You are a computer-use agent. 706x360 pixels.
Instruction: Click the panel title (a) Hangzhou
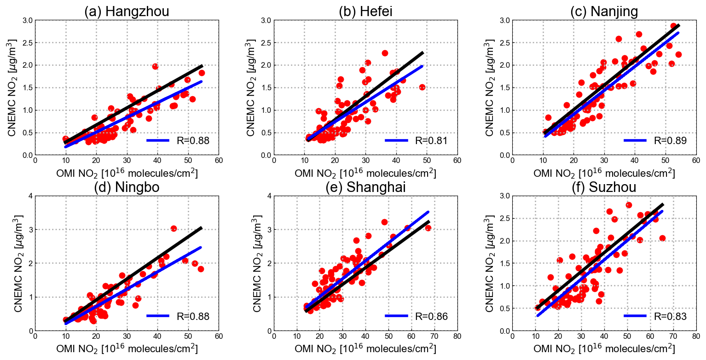[x=127, y=12]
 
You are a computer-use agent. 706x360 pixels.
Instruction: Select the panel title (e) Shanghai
[x=365, y=187]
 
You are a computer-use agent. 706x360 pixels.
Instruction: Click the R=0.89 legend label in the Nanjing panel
[x=670, y=140]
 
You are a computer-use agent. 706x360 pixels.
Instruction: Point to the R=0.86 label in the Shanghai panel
[x=431, y=316]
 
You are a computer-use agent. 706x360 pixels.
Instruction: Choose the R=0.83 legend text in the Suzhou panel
[x=670, y=316]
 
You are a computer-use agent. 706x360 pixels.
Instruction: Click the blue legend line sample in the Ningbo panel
[x=158, y=316]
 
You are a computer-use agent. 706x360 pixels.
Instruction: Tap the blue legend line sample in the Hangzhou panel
[x=158, y=140]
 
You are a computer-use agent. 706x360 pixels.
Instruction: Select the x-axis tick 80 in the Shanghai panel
[x=457, y=337]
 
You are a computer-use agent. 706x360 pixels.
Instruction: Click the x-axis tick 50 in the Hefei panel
[x=427, y=161]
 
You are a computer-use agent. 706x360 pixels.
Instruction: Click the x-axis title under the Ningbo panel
[x=127, y=348]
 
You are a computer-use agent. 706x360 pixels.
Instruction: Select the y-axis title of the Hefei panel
[x=251, y=87]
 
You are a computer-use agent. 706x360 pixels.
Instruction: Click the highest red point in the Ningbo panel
[x=174, y=229]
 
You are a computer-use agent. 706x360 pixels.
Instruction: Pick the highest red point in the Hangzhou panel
[x=155, y=66]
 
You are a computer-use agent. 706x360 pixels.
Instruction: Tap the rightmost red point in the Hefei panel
[x=422, y=87]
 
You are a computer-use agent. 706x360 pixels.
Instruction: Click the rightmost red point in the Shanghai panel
[x=428, y=228]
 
